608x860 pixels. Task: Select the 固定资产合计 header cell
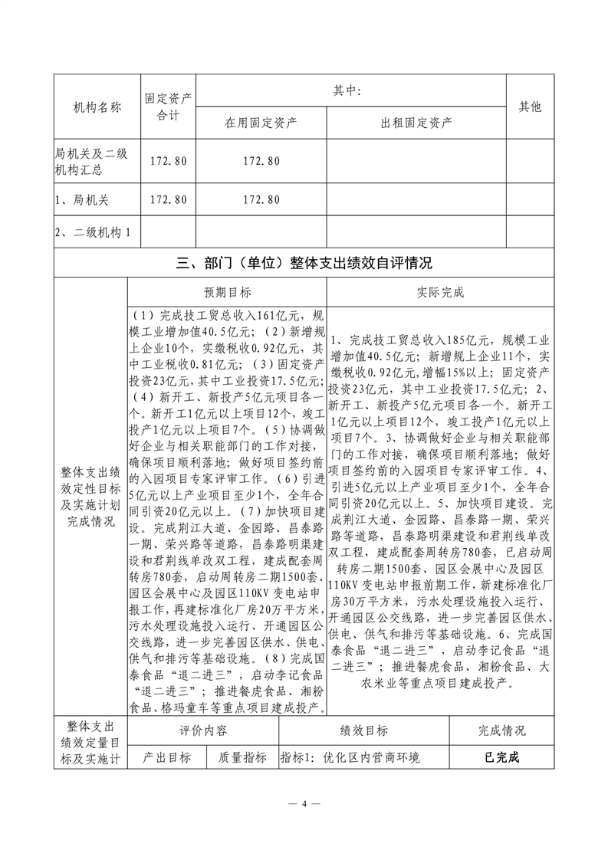tap(168, 107)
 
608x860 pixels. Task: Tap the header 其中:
tap(352, 90)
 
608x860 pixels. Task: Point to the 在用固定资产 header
tap(261, 122)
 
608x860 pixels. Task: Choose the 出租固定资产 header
tap(416, 122)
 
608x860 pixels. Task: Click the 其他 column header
tap(530, 107)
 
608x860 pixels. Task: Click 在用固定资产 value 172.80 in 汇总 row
tap(261, 161)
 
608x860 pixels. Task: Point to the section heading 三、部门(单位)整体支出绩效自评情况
tap(304, 264)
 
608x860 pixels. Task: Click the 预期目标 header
tap(227, 293)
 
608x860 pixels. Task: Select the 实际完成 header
tap(439, 293)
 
